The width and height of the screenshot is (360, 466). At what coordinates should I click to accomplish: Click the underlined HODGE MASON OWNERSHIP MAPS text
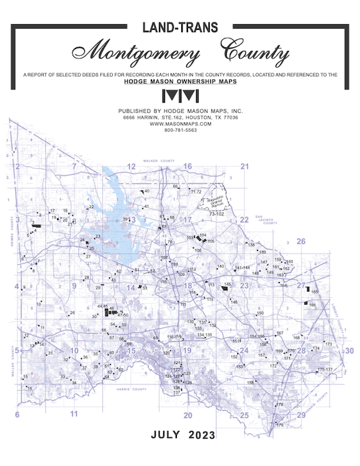point(179,81)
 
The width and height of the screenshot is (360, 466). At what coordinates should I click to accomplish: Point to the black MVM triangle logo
point(179,96)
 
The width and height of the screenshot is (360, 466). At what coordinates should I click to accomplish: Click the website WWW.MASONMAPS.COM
point(179,124)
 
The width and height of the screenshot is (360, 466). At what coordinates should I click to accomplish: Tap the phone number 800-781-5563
point(179,130)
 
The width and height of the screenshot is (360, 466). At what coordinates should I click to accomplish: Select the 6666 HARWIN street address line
point(179,117)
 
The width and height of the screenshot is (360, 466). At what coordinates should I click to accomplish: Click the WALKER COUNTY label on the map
point(160,161)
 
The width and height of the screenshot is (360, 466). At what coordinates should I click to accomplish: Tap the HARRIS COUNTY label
point(131,389)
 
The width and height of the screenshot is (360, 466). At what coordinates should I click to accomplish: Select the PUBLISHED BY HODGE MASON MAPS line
point(179,111)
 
